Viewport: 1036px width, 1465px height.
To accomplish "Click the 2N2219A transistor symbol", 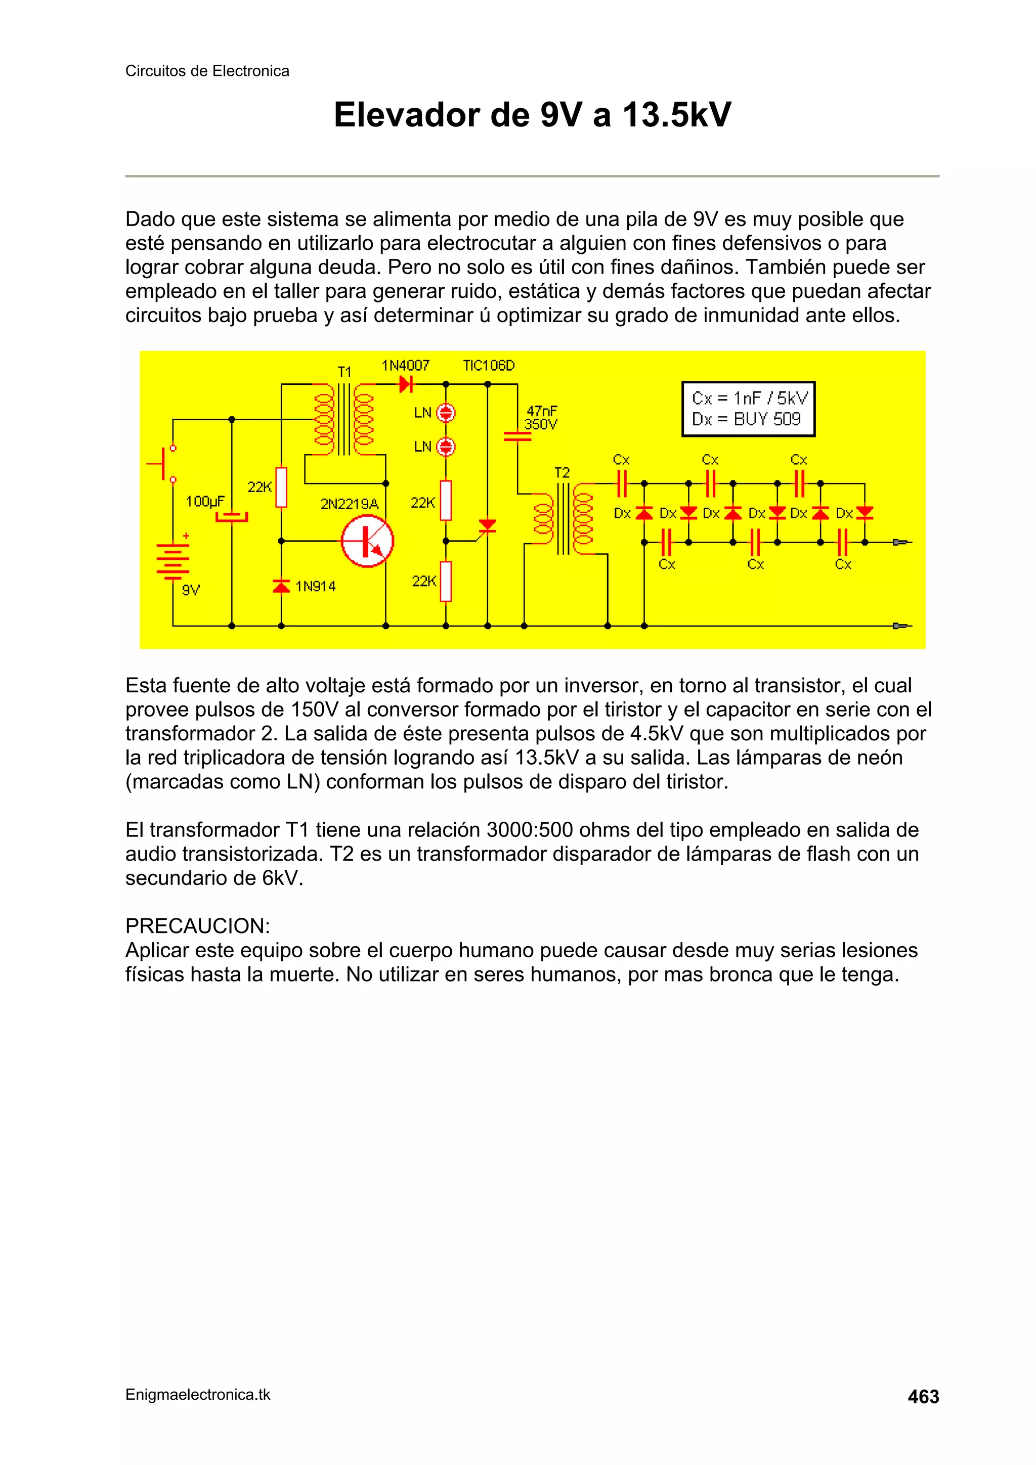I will (367, 542).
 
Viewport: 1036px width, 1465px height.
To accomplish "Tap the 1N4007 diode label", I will (405, 366).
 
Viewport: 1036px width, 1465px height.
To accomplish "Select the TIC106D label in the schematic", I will (488, 366).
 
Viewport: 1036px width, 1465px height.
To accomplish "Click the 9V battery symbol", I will (172, 561).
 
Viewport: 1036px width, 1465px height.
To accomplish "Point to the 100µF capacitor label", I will (205, 502).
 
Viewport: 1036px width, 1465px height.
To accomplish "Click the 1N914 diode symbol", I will (281, 586).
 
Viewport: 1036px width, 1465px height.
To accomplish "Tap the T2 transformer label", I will (562, 473).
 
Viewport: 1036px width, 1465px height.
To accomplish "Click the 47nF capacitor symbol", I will (517, 436).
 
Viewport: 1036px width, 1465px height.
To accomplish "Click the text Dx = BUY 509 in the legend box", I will (746, 419).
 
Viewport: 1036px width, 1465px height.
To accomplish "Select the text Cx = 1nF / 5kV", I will (749, 398).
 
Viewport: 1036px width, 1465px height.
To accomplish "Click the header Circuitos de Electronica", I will (207, 71).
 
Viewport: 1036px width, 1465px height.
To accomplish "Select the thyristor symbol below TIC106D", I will (488, 526).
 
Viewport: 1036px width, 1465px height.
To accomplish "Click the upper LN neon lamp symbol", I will (446, 413).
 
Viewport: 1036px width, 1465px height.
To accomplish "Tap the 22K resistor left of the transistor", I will (281, 487).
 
